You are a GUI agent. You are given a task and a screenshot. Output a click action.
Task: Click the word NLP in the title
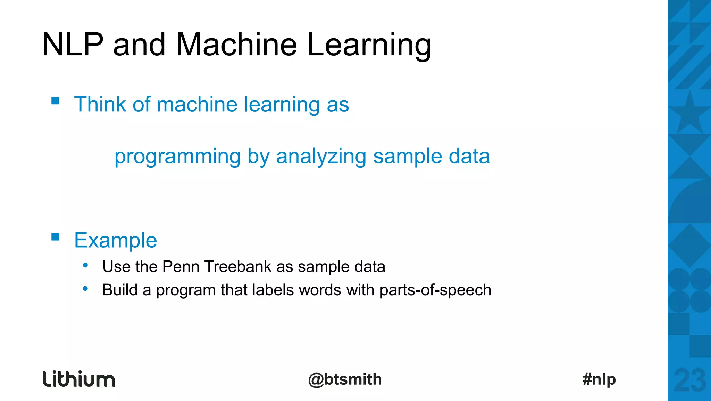coord(73,45)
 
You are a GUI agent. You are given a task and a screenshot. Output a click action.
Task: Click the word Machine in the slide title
coord(236,45)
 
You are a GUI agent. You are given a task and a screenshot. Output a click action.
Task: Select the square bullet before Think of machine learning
coord(55,101)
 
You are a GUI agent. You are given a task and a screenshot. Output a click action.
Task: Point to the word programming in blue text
coord(177,157)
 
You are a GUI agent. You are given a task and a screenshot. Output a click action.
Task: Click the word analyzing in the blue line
coord(321,157)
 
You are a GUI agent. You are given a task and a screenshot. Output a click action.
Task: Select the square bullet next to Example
coord(55,237)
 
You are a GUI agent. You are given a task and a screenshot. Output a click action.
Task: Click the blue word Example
coord(116,240)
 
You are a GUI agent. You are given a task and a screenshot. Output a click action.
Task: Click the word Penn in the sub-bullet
coord(181,267)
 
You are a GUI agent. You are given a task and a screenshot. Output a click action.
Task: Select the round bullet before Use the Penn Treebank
coord(85,266)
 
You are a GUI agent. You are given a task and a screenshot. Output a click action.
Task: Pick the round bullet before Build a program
coord(85,289)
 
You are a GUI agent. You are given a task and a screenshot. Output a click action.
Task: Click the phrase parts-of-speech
coord(435,290)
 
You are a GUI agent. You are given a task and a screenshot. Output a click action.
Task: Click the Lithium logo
coord(79,379)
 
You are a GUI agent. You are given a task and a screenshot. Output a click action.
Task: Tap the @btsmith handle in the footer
coord(345,379)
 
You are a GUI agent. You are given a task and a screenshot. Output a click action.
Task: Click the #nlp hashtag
coord(599,379)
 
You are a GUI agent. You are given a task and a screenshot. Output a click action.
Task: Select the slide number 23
coord(689,380)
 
